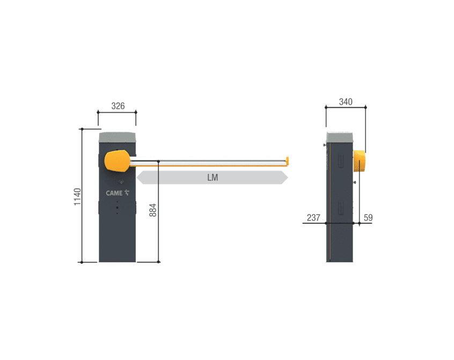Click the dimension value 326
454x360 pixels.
coord(118,106)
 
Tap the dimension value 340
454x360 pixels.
coord(346,102)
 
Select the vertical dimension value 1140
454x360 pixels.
coord(77,197)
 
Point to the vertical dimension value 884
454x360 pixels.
coord(152,210)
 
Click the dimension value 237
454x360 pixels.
coord(313,218)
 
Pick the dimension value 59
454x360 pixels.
coord(368,218)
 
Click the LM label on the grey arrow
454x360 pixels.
coord(213,178)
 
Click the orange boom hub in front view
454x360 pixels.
coord(118,161)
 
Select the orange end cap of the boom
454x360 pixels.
coord(287,161)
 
